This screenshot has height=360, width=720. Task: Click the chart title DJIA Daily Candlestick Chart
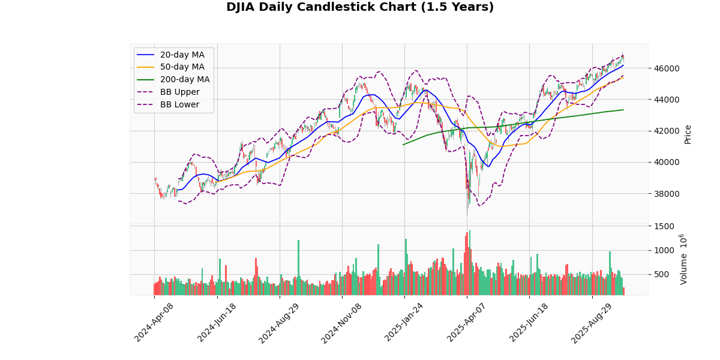pyautogui.click(x=360, y=7)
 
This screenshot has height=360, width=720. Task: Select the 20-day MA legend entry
pyautogui.click(x=182, y=55)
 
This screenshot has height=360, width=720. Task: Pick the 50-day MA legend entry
pyautogui.click(x=182, y=67)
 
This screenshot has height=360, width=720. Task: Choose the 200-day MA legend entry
pyautogui.click(x=184, y=80)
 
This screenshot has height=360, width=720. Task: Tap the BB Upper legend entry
pyautogui.click(x=179, y=92)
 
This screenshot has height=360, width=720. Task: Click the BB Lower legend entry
pyautogui.click(x=179, y=105)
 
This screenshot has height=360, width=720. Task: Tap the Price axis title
pyautogui.click(x=688, y=134)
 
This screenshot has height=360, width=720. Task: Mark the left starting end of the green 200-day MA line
pyautogui.click(x=403, y=145)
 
